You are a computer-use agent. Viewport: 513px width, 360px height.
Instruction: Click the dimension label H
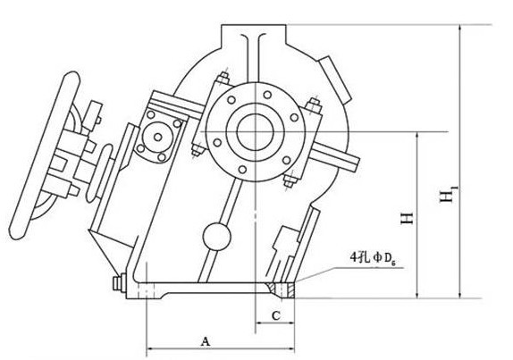click(x=408, y=218)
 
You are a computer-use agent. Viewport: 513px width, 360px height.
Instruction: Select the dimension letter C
click(x=276, y=316)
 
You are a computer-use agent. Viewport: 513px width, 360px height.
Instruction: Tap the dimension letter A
click(x=206, y=342)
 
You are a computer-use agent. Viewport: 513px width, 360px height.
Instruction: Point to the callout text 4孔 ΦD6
click(x=373, y=259)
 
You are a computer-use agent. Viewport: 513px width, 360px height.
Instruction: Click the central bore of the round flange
click(x=256, y=132)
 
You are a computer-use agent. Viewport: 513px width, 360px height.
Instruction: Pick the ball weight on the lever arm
click(x=216, y=237)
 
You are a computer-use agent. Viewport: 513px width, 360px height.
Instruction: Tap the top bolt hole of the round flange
click(x=267, y=95)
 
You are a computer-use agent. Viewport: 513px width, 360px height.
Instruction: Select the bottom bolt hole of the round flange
click(x=242, y=170)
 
